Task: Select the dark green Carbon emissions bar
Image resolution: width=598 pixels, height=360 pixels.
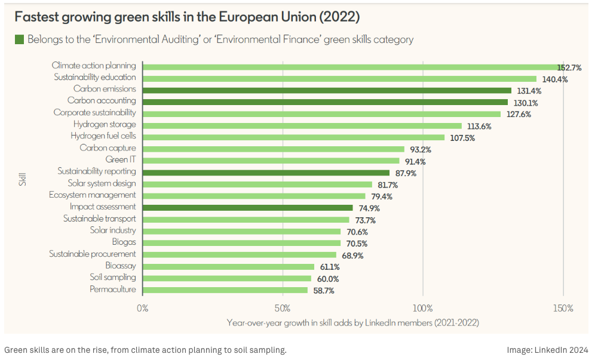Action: pyautogui.click(x=327, y=90)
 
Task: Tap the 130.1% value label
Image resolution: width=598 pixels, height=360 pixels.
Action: pyautogui.click(x=526, y=103)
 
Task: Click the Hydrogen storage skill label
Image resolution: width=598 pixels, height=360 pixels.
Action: pyautogui.click(x=105, y=124)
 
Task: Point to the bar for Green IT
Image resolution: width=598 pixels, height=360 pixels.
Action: pyautogui.click(x=271, y=161)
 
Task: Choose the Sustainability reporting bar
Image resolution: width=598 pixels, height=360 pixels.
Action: pyautogui.click(x=266, y=173)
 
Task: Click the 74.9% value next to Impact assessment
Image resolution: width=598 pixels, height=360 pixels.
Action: pyautogui.click(x=368, y=208)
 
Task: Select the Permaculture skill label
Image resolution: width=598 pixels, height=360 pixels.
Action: pyautogui.click(x=113, y=290)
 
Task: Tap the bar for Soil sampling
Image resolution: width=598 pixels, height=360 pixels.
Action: pyautogui.click(x=227, y=278)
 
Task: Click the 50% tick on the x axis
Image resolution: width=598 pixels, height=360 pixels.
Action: pyautogui.click(x=283, y=309)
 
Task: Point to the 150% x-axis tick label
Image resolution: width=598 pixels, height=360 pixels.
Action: pyautogui.click(x=563, y=309)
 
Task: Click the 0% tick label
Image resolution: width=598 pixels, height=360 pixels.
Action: pyautogui.click(x=143, y=309)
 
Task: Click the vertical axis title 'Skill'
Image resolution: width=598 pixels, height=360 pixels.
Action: pyautogui.click(x=22, y=177)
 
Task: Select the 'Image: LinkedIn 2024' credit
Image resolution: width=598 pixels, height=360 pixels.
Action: pyautogui.click(x=547, y=350)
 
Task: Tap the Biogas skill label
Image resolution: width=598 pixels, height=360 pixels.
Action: pyautogui.click(x=124, y=242)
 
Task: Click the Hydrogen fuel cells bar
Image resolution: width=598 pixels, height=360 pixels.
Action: pyautogui.click(x=293, y=137)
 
